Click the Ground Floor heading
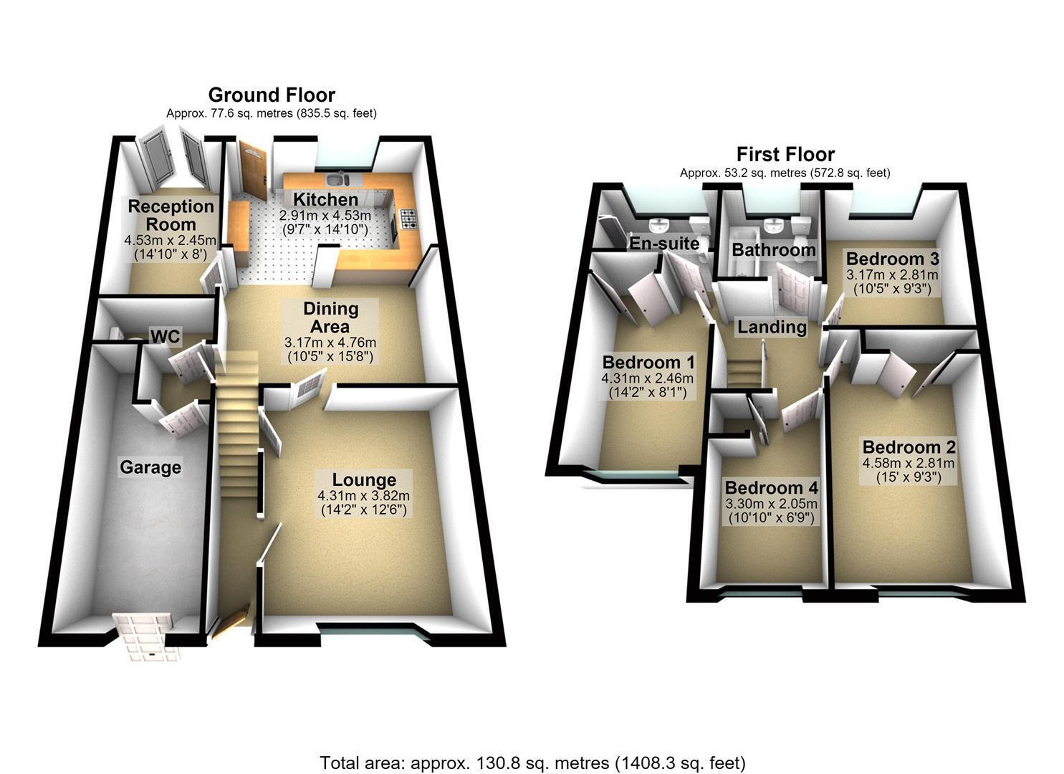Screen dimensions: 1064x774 [272, 95]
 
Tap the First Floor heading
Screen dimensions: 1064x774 [786, 154]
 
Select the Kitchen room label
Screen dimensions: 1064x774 [325, 199]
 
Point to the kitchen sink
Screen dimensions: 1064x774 [337, 180]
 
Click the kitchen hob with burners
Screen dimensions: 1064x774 [408, 219]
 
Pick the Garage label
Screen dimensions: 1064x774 [150, 467]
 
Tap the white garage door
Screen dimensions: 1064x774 [147, 636]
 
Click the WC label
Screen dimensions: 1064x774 [166, 336]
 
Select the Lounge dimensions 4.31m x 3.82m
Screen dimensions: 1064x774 [363, 496]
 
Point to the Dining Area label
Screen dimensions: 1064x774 [330, 317]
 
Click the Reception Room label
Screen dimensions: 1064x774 [171, 215]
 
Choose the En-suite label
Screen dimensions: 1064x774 [664, 243]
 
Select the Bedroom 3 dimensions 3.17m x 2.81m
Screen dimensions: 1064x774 [892, 274]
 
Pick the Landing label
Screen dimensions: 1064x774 [772, 327]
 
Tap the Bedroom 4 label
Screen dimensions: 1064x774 [772, 488]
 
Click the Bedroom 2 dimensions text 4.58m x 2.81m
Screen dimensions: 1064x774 [909, 463]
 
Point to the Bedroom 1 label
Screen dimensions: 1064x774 [648, 363]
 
